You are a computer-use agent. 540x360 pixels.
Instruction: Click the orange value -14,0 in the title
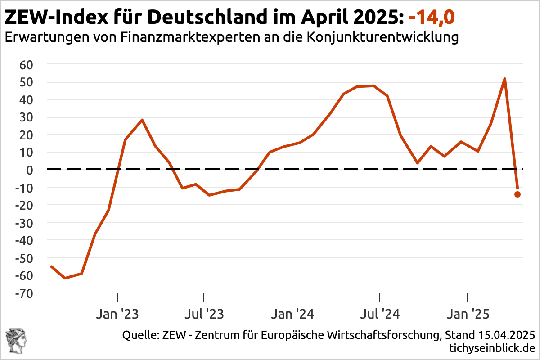pos(432,18)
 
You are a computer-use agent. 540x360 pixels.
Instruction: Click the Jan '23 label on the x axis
pos(117,314)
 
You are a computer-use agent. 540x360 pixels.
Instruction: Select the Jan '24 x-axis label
pos(292,314)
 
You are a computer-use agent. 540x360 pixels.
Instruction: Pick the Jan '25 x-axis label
pos(468,314)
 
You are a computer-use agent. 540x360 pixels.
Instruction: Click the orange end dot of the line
pos(517,194)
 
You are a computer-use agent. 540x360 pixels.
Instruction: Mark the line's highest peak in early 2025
pos(505,79)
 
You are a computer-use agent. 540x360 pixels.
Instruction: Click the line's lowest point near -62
pos(65,278)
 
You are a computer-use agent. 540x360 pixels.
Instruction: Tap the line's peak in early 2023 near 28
pos(142,120)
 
